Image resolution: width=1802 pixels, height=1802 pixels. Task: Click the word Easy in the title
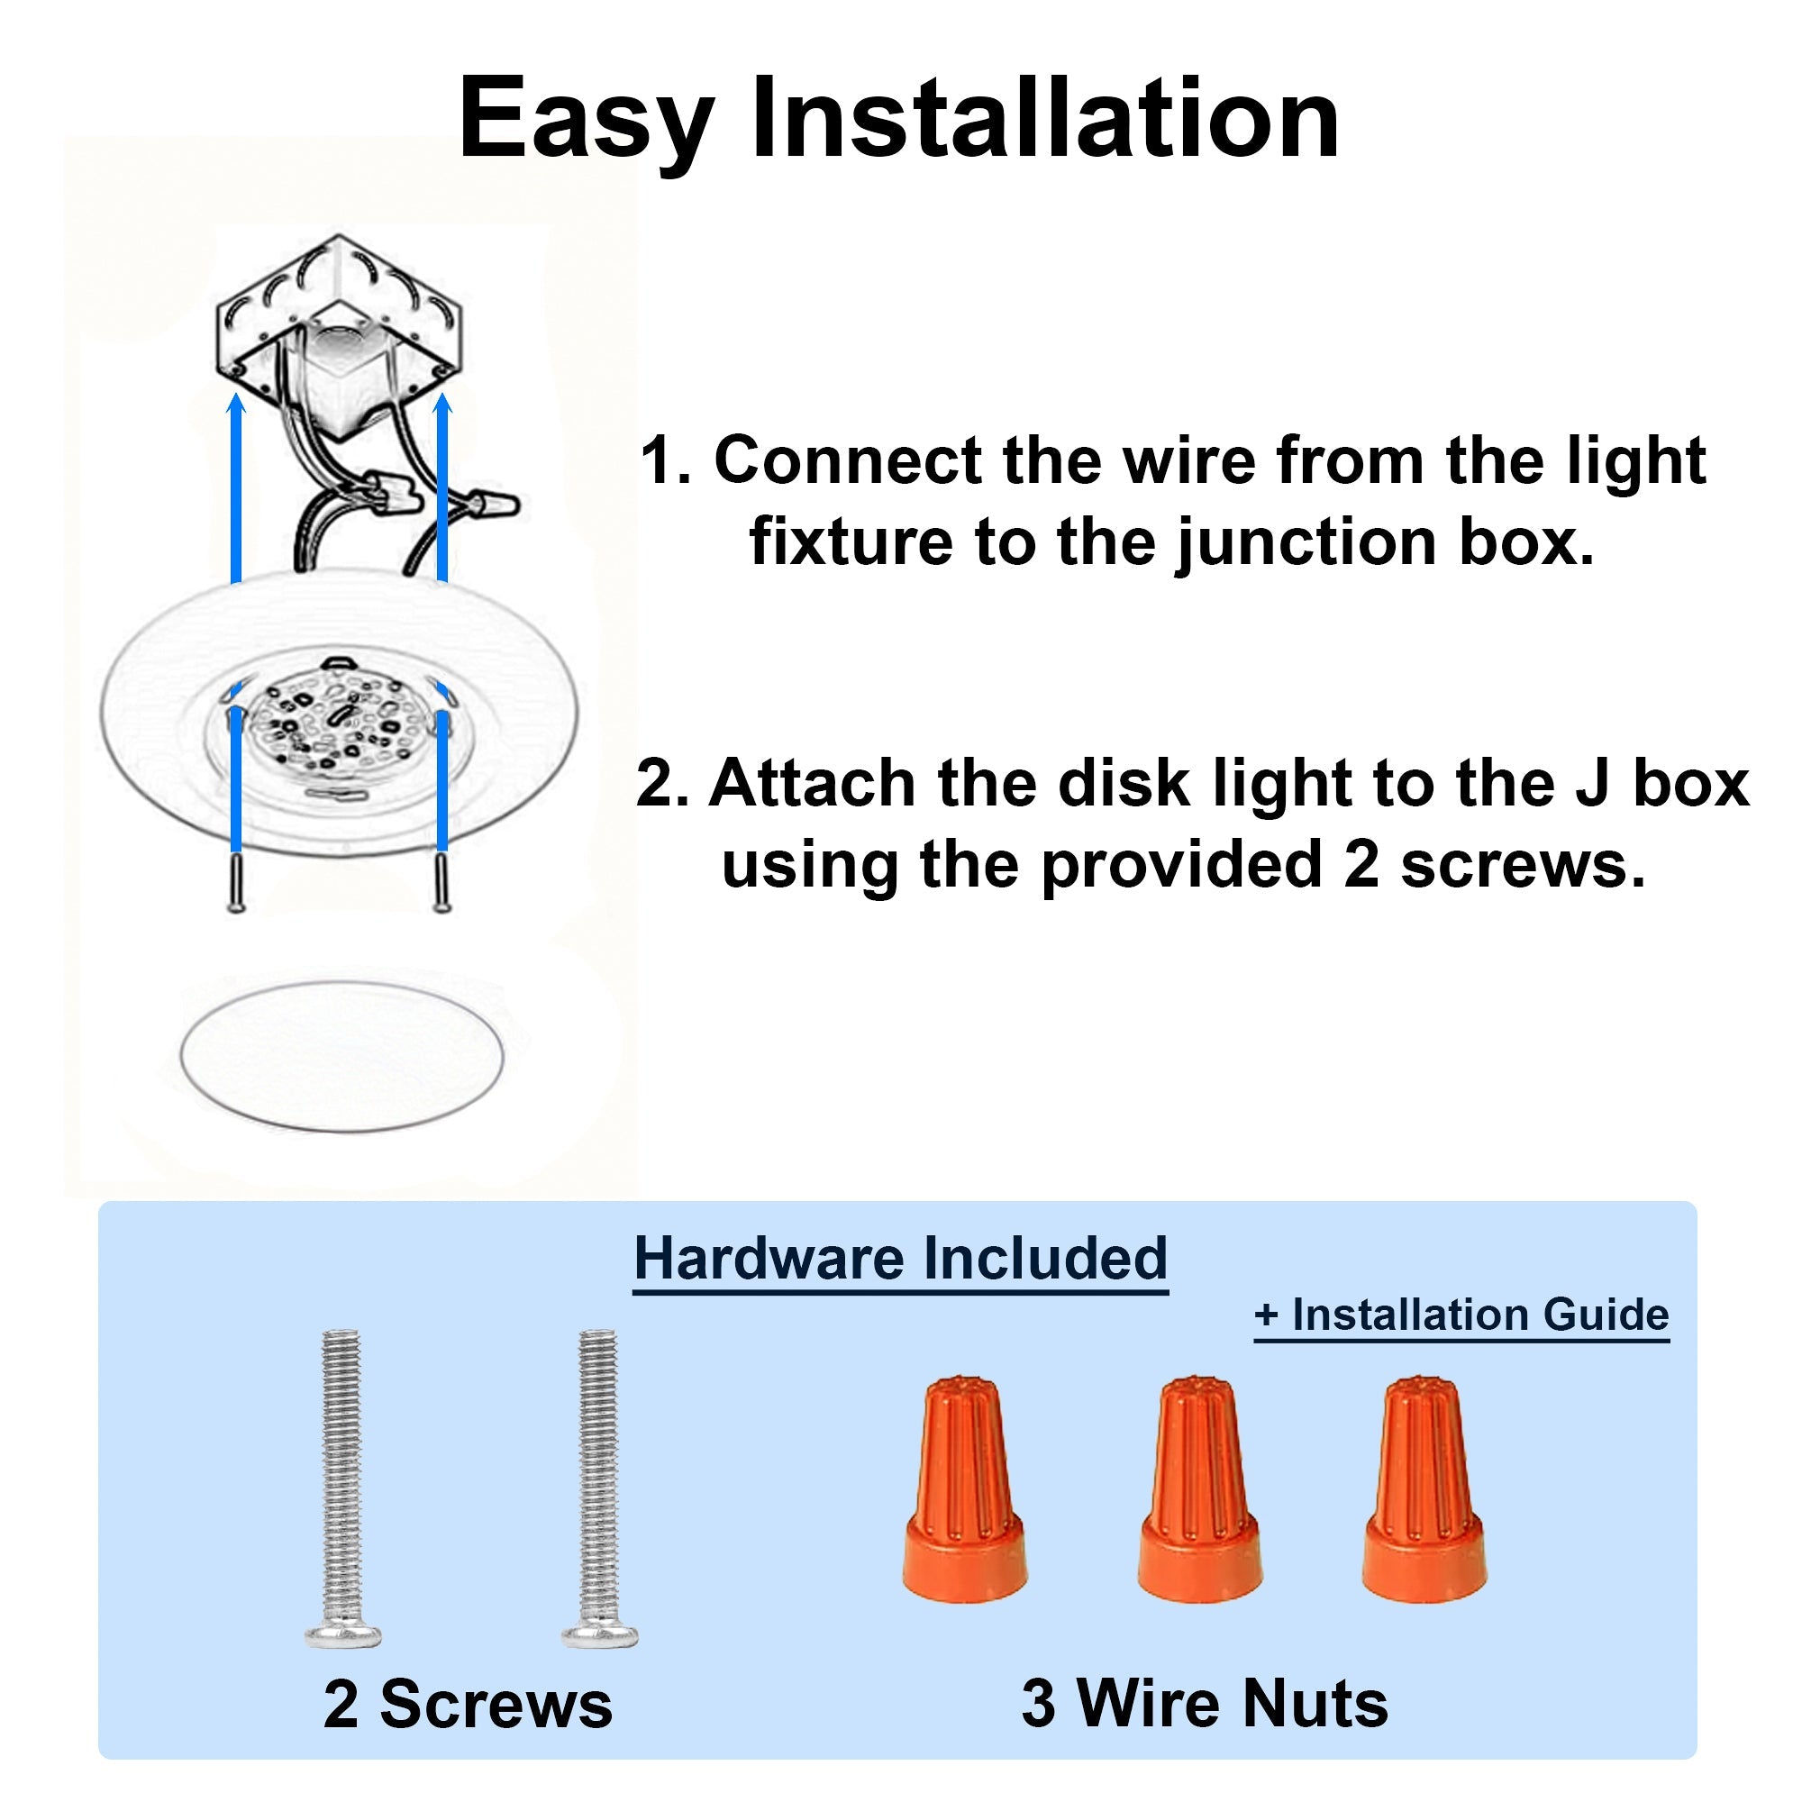pos(586,122)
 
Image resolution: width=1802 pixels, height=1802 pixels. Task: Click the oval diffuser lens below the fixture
pos(341,1056)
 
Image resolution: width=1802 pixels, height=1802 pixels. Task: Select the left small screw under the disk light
pos(237,881)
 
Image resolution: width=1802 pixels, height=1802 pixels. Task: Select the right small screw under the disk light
pos(443,881)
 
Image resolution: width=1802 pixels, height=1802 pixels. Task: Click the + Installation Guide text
pos(1461,1315)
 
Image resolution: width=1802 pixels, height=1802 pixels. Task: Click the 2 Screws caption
pos(469,1704)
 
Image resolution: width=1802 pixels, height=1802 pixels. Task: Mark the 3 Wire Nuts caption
pos(1204,1703)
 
